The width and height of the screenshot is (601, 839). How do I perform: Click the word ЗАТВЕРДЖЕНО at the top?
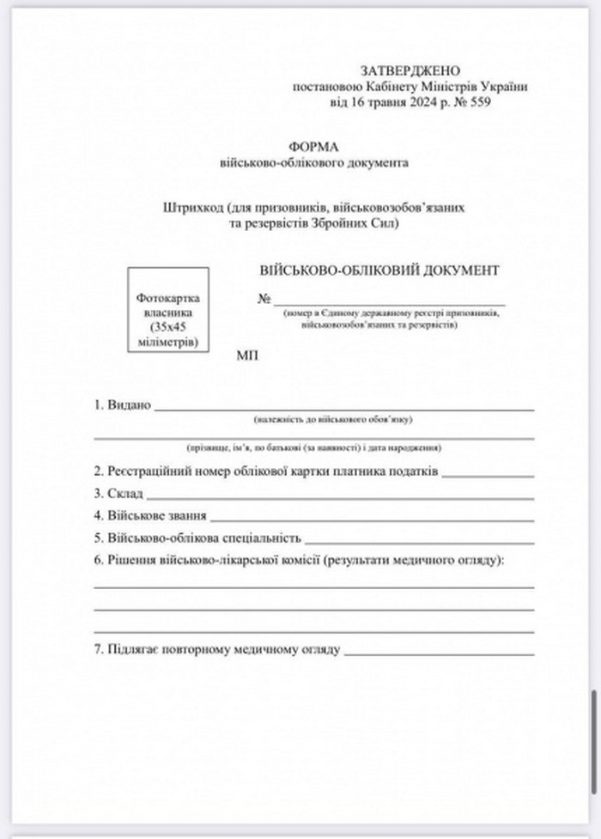point(410,70)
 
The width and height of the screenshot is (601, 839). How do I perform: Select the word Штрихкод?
point(193,207)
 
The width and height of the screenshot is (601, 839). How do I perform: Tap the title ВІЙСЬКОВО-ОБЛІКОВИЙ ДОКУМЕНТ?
point(379,270)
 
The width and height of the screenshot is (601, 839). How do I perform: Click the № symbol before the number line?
point(264,299)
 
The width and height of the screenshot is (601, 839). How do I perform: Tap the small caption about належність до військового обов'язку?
point(334,420)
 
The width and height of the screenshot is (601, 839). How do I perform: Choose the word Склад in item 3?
point(126,494)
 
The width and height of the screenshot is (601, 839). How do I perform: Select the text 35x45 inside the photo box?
point(167,327)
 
